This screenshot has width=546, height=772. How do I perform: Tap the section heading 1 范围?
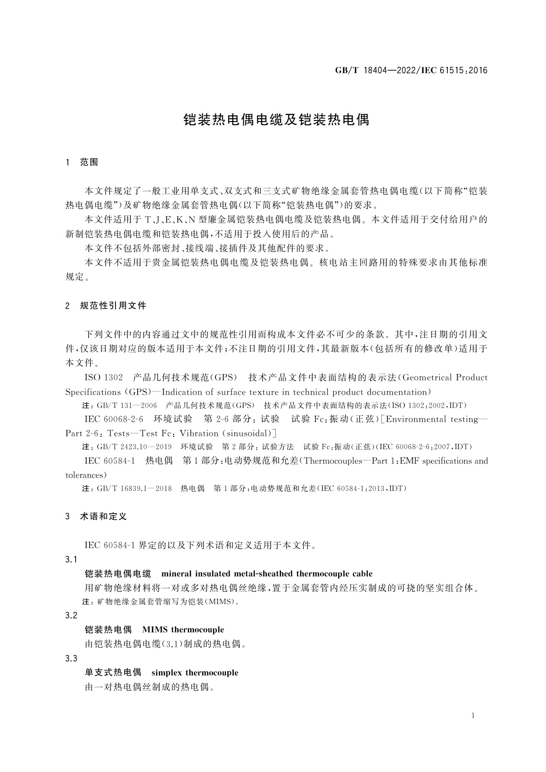pyautogui.click(x=82, y=162)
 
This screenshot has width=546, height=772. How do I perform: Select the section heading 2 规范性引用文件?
pyautogui.click(x=106, y=305)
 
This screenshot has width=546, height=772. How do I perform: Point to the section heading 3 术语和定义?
pyautogui.click(x=96, y=517)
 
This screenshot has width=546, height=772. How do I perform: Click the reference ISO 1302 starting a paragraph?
pyautogui.click(x=104, y=378)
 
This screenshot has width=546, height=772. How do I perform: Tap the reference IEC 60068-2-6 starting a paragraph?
pyautogui.click(x=114, y=419)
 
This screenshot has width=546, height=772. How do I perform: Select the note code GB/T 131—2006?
pyautogui.click(x=127, y=406)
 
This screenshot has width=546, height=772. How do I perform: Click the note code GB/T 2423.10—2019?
pyautogui.click(x=134, y=447)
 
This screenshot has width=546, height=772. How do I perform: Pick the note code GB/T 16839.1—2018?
pyautogui.click(x=134, y=489)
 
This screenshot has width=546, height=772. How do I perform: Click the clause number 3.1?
pyautogui.click(x=72, y=560)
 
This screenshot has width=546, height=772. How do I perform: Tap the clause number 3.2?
pyautogui.click(x=72, y=616)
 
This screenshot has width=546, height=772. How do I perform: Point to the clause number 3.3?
pyautogui.click(x=72, y=659)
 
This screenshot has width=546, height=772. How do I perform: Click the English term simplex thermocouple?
pyautogui.click(x=195, y=673)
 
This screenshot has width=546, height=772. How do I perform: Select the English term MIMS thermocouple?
pyautogui.click(x=183, y=630)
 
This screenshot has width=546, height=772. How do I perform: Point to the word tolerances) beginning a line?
pyautogui.click(x=86, y=475)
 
